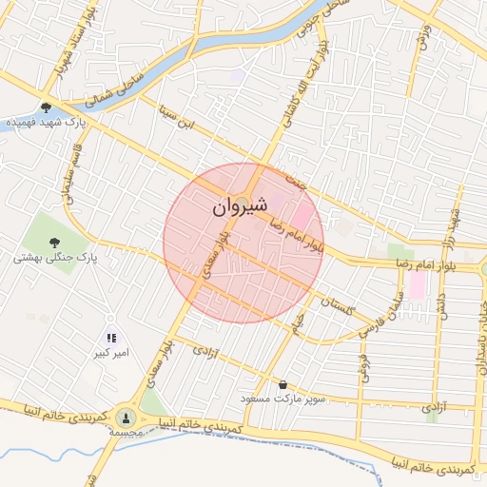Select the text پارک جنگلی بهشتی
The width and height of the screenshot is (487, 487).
point(56,258)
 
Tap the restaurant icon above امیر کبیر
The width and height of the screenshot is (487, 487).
point(111,337)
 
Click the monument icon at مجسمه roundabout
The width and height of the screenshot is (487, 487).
point(126,416)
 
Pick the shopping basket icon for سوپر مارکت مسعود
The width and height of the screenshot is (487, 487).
point(282,384)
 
